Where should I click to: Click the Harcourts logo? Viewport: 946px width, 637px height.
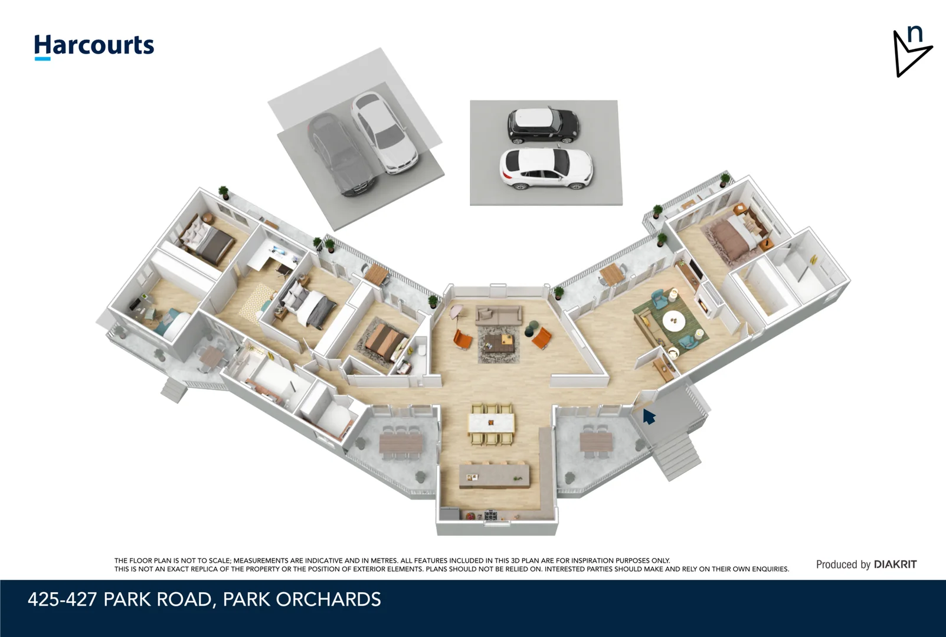94,46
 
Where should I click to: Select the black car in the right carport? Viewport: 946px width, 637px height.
543,125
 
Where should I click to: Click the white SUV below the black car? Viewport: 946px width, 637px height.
546,168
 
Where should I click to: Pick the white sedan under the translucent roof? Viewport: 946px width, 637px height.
384,132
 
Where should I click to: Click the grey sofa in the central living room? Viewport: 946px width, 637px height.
499,315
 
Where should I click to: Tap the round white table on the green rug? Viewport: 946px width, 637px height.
674,321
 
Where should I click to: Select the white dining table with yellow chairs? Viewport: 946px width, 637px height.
491,422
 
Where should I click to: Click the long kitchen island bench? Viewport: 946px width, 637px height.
495,474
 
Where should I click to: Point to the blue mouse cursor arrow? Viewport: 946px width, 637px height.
649,416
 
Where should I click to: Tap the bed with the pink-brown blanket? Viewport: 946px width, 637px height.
735,236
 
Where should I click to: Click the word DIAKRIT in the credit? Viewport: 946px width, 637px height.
895,564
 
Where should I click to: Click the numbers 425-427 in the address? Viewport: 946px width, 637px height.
62,599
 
